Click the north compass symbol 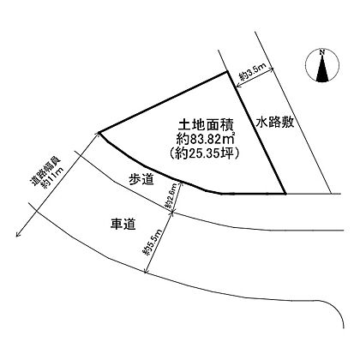[322, 66]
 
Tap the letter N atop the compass [322, 52]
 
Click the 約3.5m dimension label [253, 72]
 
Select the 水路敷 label [275, 123]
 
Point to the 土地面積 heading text [206, 125]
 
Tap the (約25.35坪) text [204, 153]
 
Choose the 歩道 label [141, 180]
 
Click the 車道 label [123, 224]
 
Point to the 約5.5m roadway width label [153, 242]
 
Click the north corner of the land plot [227, 72]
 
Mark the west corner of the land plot [99, 133]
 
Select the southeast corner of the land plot [285, 194]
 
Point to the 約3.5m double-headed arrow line [255, 77]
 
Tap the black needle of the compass [322, 69]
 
